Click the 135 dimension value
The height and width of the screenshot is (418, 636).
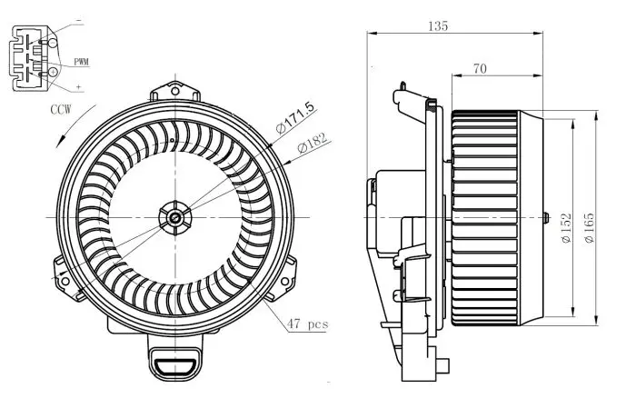(438, 26)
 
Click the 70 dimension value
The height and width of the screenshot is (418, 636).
(480, 68)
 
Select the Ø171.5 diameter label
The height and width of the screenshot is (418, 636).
(294, 117)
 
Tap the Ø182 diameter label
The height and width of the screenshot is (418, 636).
(312, 142)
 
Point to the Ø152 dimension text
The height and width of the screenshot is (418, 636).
(566, 228)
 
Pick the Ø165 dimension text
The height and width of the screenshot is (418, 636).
(589, 228)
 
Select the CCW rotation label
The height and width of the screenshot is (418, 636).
(61, 109)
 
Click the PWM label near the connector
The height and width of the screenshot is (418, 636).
(81, 62)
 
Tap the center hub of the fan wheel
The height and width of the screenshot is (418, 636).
(175, 218)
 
